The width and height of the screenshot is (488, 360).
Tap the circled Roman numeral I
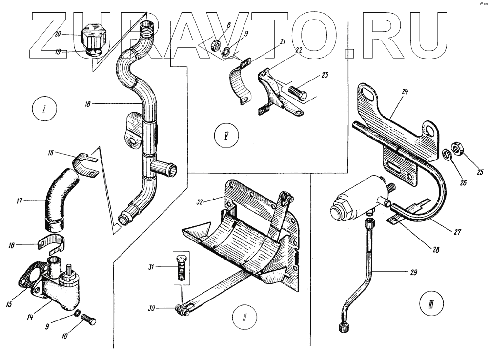43,108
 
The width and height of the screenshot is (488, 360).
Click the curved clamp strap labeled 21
239,83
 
